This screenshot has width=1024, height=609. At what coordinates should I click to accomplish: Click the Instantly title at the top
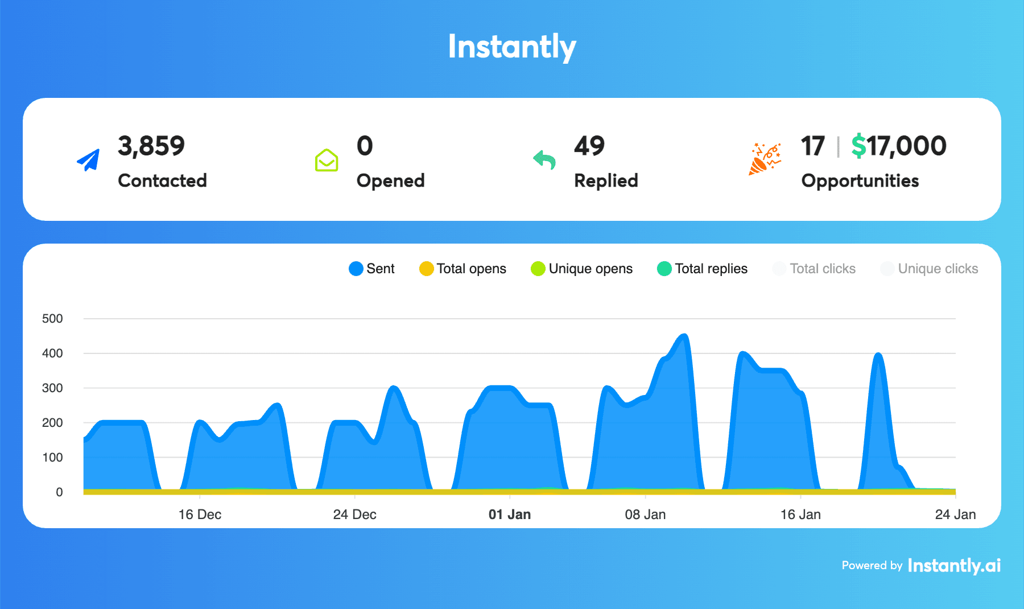[x=511, y=47]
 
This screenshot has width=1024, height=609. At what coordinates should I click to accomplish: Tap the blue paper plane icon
[x=89, y=160]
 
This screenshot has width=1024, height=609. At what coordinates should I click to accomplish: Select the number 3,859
[x=151, y=146]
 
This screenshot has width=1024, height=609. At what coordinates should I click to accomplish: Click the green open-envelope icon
[x=327, y=161]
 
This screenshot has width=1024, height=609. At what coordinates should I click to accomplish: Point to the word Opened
[x=390, y=180]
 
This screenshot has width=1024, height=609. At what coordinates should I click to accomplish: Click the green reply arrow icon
[x=544, y=160]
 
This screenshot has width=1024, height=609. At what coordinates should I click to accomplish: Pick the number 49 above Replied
[x=589, y=146]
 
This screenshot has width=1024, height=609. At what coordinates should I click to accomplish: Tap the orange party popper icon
[x=765, y=159]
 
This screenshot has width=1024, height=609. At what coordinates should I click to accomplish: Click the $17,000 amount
[x=899, y=146]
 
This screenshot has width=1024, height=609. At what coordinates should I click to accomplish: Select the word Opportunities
[x=860, y=180]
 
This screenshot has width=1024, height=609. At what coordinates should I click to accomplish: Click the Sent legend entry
[x=372, y=269]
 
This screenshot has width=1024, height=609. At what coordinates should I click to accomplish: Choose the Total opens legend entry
[x=463, y=269]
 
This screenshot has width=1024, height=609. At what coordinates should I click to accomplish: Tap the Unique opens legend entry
[x=581, y=269]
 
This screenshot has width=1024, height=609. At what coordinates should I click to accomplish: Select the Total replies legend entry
[x=702, y=269]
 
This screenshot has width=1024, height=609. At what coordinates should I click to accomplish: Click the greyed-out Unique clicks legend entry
[x=929, y=269]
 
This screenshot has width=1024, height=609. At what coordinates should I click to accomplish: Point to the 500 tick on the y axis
[x=52, y=319]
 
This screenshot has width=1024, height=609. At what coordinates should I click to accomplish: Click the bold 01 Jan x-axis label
[x=509, y=515]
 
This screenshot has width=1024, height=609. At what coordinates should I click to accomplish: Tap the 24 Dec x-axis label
[x=354, y=515]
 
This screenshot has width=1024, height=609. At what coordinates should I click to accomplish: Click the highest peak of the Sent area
[x=684, y=336]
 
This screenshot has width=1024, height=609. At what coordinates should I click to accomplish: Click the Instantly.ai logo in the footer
[x=954, y=565]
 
